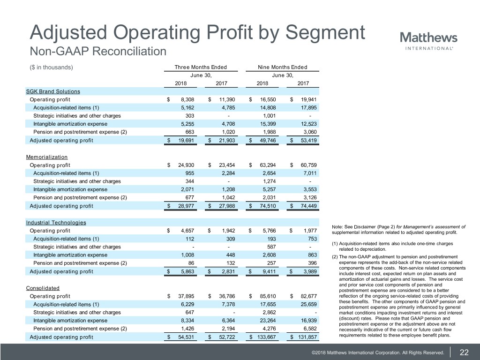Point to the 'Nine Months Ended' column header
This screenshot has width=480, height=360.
click(283, 67)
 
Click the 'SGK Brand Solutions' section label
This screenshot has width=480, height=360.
click(53, 91)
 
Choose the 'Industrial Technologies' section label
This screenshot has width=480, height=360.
click(56, 222)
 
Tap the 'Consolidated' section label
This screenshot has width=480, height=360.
click(43, 287)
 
